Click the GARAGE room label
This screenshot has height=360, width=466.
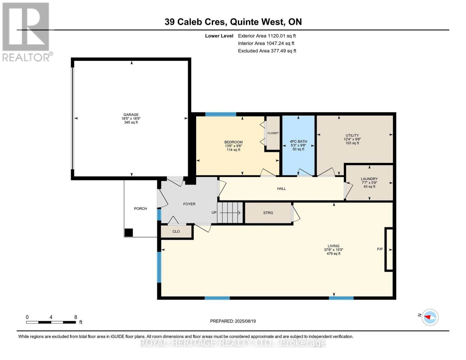coord(131,115)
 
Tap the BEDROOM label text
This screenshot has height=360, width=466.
coord(233,142)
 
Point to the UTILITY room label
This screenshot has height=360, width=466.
coord(352,136)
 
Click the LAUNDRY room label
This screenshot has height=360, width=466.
coord(369,179)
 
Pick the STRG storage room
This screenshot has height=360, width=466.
coord(268,213)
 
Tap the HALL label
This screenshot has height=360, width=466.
coord(281,189)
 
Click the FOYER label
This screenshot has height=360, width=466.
coord(189,204)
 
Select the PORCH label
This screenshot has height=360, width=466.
coord(140,208)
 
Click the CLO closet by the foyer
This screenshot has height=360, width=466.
coord(176,231)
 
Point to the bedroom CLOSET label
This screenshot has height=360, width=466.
coord(273,133)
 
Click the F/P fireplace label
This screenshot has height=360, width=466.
coord(380,249)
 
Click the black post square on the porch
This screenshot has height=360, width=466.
coord(129,233)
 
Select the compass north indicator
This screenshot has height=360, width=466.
coord(430,317)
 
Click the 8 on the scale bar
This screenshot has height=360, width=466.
coord(76,317)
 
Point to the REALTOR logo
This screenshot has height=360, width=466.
coord(26,32)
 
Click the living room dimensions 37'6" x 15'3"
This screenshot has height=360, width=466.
coord(333,250)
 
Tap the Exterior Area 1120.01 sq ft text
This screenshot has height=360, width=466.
coord(267,36)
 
